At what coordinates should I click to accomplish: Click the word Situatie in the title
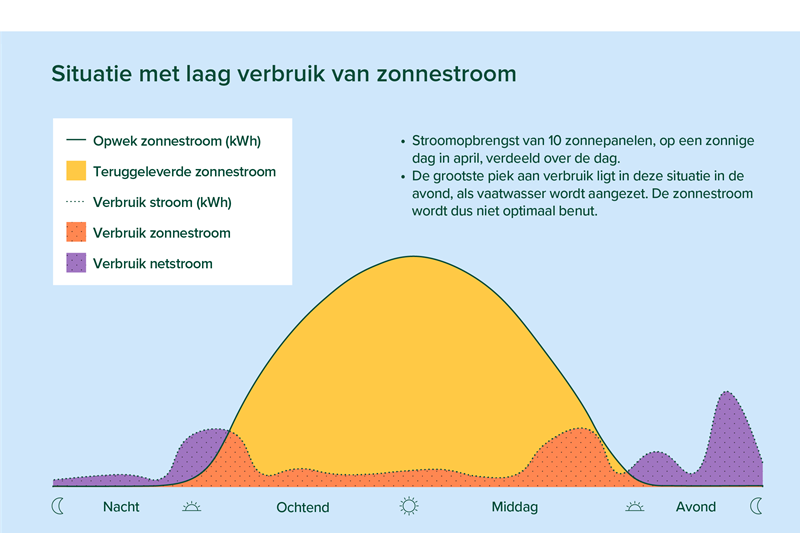tap(91, 74)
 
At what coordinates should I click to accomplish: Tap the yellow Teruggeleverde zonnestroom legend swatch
tap(76, 171)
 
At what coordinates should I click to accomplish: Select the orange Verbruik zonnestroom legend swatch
tap(76, 232)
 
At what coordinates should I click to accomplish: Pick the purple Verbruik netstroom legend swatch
tap(76, 263)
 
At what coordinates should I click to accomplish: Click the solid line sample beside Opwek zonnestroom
tap(76, 139)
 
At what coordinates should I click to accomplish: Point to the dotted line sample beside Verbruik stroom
tap(76, 201)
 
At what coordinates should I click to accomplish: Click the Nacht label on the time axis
tap(121, 506)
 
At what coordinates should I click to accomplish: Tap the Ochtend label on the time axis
tap(303, 507)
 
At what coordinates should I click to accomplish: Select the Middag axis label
tap(514, 507)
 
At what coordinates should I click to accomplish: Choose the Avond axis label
tap(695, 506)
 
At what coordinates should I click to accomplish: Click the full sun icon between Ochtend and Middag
tap(409, 506)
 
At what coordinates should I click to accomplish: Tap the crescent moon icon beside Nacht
tap(57, 506)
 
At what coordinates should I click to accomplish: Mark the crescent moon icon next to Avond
tap(756, 506)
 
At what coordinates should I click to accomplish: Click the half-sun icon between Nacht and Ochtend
tap(191, 506)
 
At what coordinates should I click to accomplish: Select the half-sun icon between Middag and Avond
tap(634, 506)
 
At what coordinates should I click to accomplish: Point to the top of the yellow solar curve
tap(413, 256)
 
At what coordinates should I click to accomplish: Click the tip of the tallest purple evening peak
tap(726, 392)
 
